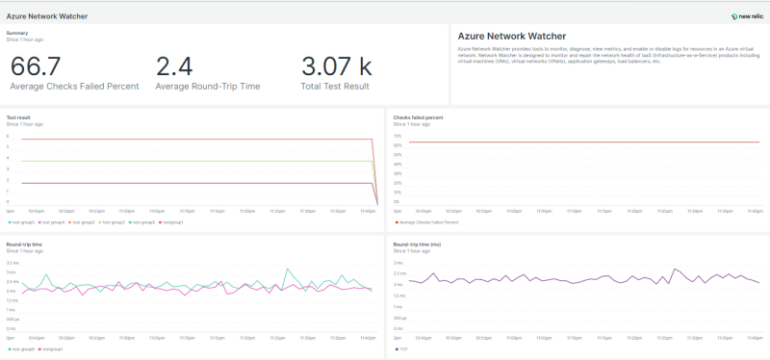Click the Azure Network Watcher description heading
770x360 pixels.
[x=511, y=37]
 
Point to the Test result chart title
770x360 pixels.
[x=18, y=117]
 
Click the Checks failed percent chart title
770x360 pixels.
[x=419, y=117]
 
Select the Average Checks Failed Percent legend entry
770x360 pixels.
[x=428, y=221]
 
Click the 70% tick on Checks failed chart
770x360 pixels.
[x=397, y=136]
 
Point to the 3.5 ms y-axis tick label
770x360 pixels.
[x=13, y=263]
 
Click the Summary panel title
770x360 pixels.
[x=17, y=33]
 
